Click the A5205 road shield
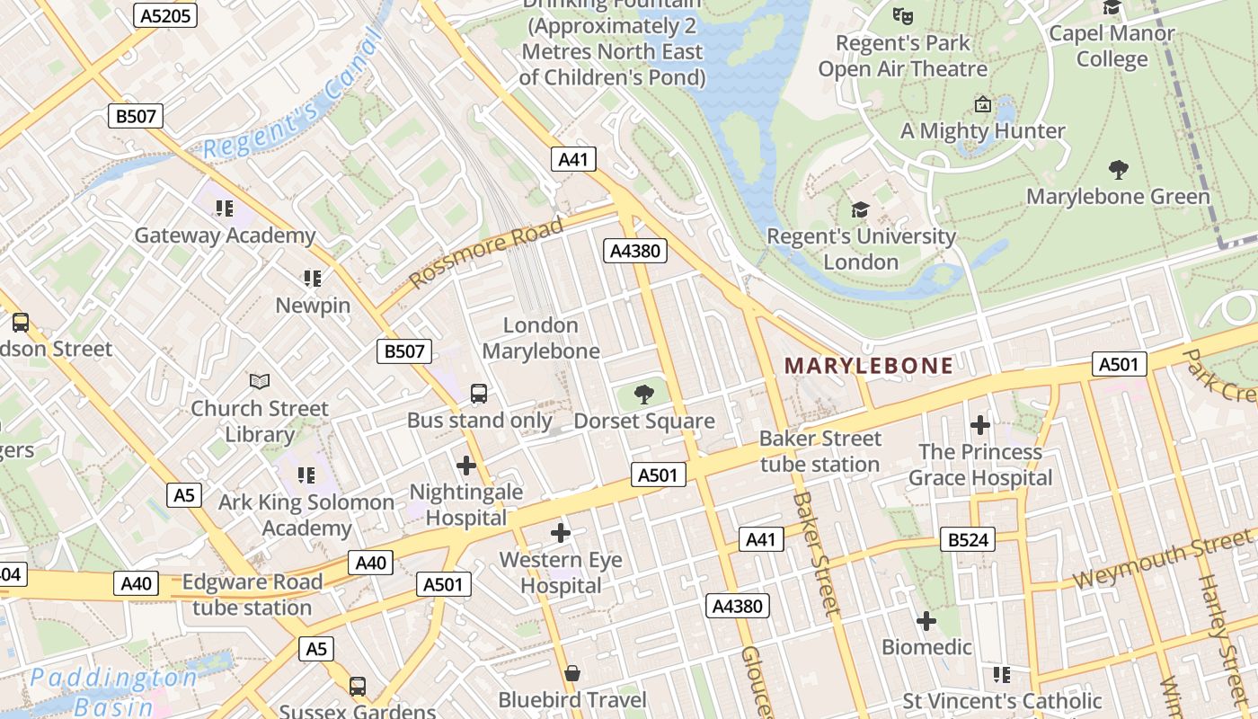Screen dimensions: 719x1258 tap(165, 14)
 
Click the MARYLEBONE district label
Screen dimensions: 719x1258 tap(869, 366)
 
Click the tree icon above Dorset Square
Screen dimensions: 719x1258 tap(643, 393)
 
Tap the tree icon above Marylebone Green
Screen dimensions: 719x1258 tap(1118, 169)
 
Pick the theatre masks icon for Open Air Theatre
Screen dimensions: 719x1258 tap(902, 15)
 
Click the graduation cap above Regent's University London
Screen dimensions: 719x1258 tap(860, 209)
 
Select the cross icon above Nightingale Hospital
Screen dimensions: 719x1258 tap(465, 466)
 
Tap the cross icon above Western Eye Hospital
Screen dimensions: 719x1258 tap(561, 533)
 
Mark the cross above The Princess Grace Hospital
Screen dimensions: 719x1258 tap(979, 424)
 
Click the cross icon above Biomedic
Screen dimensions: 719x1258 tap(926, 620)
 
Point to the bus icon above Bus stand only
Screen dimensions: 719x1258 tap(479, 393)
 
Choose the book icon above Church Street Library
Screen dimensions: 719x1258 tap(259, 381)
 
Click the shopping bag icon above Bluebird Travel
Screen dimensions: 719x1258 tap(571, 673)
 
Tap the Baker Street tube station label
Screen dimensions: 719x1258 tap(819, 451)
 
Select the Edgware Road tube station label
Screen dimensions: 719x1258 tap(252, 595)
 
